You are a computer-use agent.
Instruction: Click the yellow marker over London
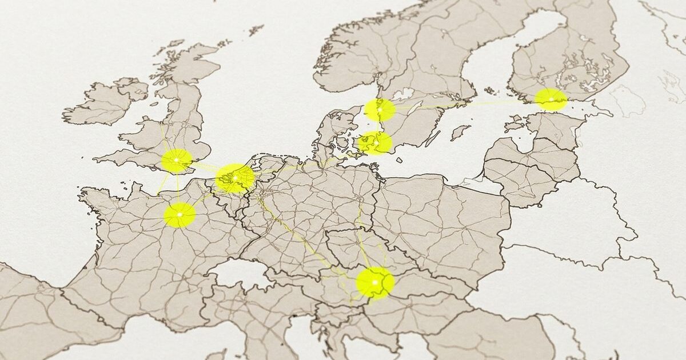(x=177, y=161)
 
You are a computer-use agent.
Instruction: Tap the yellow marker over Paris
(x=180, y=214)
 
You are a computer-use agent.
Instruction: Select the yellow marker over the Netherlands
(x=235, y=178)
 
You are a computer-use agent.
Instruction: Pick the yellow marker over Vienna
(x=375, y=282)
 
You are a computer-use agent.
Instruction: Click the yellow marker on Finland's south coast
(x=551, y=99)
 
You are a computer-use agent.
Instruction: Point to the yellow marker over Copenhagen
(x=375, y=143)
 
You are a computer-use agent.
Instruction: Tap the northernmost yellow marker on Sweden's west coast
(x=380, y=110)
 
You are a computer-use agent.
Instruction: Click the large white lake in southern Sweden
(x=404, y=93)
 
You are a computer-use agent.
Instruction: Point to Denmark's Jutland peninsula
(x=334, y=129)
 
